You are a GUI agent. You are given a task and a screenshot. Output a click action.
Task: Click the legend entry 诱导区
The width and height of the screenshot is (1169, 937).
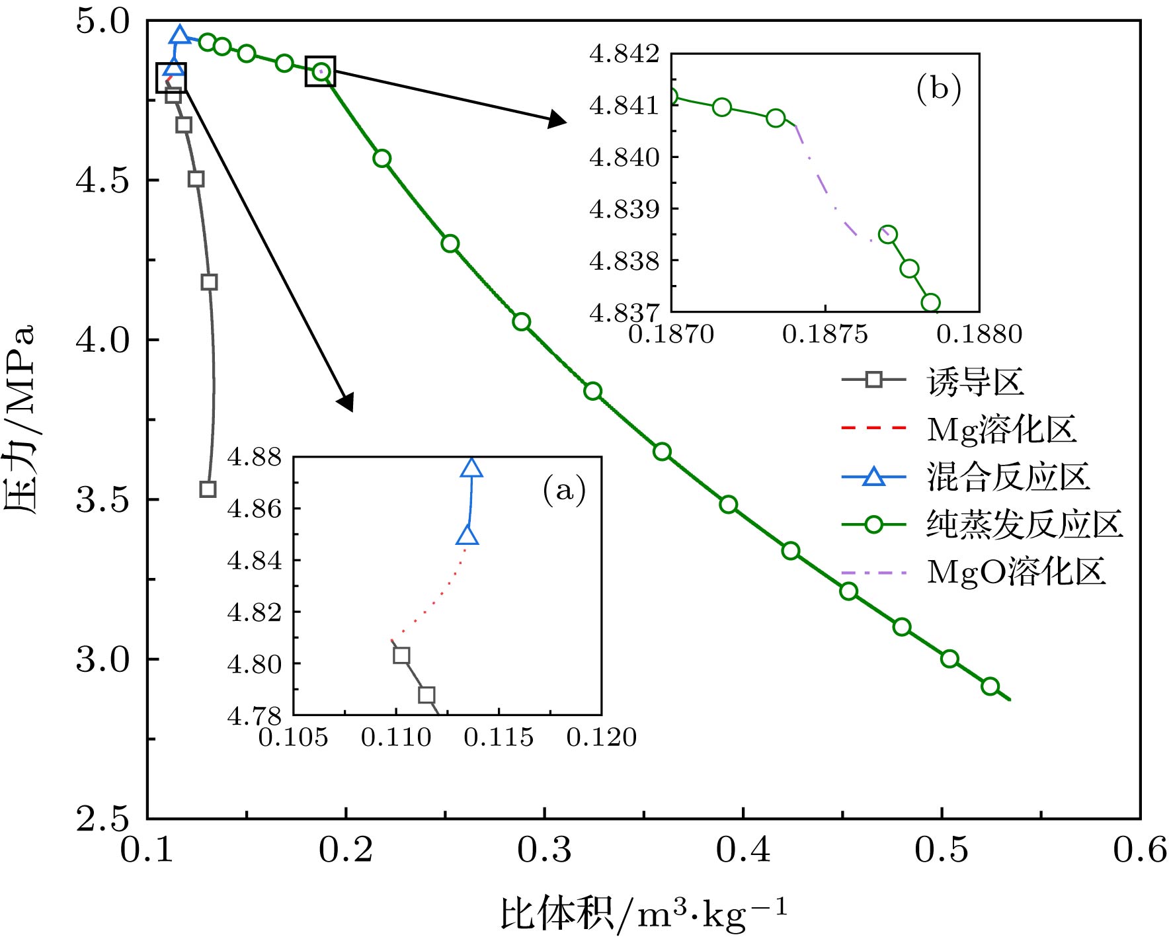pos(975,382)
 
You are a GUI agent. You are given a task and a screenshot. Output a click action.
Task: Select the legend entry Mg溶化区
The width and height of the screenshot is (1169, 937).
pos(1001,429)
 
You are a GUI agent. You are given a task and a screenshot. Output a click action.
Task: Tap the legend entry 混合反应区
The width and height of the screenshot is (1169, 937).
pos(1008,477)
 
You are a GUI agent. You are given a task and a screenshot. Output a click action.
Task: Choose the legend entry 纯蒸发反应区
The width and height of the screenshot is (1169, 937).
pos(1024,524)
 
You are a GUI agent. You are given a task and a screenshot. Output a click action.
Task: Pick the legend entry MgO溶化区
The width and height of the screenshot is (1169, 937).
pos(1016,572)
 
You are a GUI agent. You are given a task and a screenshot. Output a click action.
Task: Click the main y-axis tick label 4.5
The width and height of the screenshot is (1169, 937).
pos(102,180)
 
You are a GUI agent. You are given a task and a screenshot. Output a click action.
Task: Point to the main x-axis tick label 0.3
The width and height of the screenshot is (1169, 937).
pos(544,850)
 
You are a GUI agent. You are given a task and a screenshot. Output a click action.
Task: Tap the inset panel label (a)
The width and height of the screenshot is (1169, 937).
pos(564,490)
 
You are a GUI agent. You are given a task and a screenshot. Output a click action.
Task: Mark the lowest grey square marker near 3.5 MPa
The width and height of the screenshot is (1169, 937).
pos(208,489)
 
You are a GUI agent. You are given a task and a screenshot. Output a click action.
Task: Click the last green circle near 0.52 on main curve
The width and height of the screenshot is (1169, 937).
pos(990,686)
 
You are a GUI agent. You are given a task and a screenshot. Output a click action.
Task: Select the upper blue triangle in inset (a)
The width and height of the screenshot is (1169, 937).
pos(471,468)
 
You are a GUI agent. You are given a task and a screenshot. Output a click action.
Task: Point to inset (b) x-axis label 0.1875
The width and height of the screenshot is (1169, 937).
pos(825,335)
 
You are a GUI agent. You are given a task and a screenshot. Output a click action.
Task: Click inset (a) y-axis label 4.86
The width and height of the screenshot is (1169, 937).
pos(255,509)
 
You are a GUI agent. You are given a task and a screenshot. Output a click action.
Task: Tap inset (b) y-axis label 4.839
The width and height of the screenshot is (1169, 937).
pos(624,209)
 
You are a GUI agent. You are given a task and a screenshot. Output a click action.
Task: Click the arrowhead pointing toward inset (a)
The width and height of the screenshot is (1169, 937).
pos(346,402)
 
